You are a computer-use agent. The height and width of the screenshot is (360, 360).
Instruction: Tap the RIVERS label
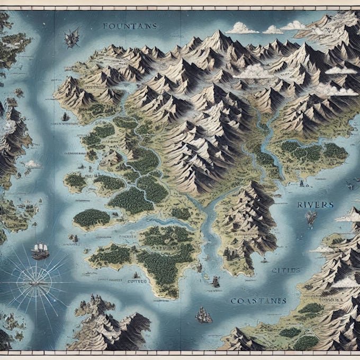tap(315, 204)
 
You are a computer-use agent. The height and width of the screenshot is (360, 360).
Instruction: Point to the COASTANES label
tap(258, 301)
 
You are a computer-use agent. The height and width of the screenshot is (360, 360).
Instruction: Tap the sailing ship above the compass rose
tap(40, 250)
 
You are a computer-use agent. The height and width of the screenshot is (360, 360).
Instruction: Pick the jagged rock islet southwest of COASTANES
tap(203, 316)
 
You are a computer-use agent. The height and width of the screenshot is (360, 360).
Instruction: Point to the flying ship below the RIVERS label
tap(311, 218)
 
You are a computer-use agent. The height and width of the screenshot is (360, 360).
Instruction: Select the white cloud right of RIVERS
tap(349, 215)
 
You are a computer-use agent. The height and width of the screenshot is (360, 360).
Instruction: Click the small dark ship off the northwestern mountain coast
tap(65, 116)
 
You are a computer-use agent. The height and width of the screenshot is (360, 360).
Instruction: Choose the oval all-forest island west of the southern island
tap(92, 217)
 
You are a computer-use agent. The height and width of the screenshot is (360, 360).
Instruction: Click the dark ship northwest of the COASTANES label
tap(215, 281)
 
